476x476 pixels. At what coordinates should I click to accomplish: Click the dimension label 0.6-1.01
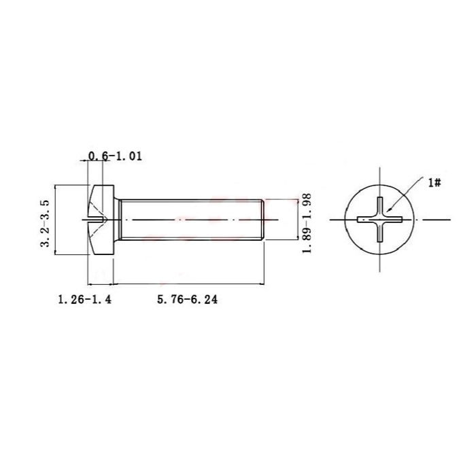pos(115,156)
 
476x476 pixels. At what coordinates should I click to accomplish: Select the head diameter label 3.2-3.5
pos(45,223)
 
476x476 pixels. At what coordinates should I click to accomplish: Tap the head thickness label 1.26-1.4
pos(85,300)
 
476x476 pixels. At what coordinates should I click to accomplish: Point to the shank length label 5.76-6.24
pos(187,300)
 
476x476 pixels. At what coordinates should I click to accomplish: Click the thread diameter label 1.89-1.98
pos(307,223)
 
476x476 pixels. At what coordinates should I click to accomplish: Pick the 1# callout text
pos(435,183)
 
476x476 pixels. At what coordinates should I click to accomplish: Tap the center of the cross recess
pos(379,219)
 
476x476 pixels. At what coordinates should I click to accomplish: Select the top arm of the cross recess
pos(379,206)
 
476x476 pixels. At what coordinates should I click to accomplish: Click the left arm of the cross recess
pos(367,219)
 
